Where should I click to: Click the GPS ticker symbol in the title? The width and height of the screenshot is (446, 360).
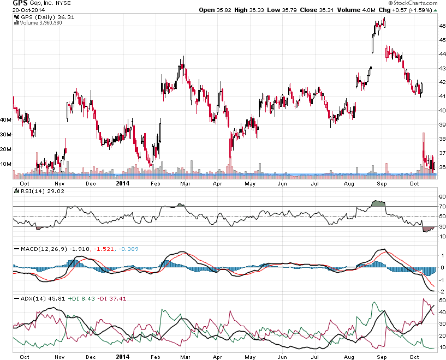(21, 3)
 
